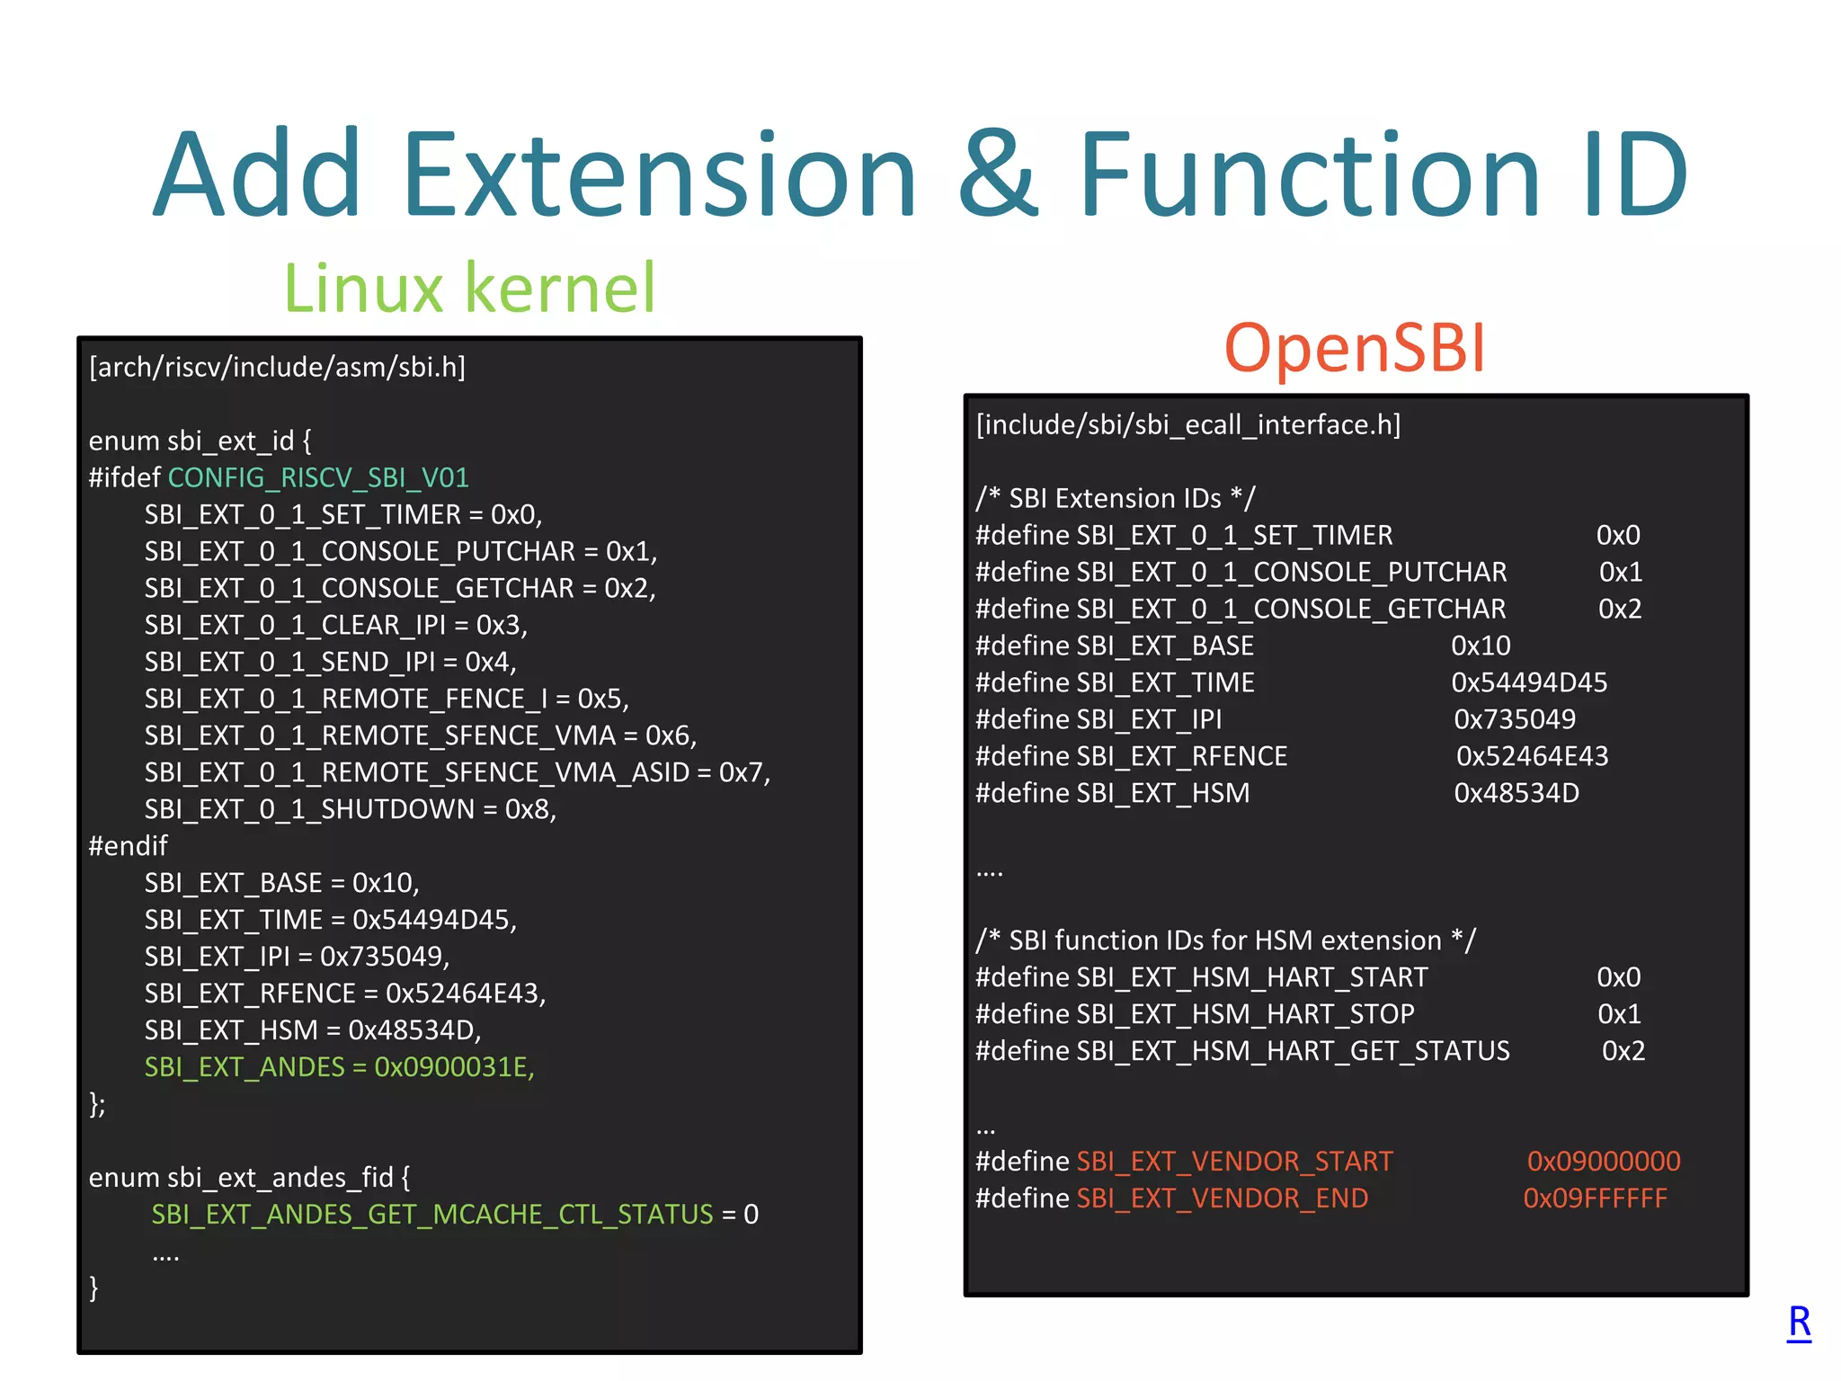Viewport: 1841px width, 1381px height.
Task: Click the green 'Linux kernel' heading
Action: tap(469, 288)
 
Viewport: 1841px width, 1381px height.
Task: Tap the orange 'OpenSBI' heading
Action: tap(1355, 348)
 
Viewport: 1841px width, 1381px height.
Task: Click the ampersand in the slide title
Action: tap(998, 174)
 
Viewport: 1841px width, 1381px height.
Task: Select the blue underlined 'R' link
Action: tap(1799, 1322)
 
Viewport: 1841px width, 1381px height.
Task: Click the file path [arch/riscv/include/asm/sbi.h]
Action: tap(277, 367)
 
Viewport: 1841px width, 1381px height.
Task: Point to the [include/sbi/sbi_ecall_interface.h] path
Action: tap(1188, 424)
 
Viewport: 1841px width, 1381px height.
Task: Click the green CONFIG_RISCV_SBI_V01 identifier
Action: tap(318, 477)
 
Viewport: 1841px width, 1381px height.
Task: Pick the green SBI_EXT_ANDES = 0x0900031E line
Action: tap(339, 1067)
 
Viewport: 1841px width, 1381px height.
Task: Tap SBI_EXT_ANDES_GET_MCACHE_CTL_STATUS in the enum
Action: tap(431, 1215)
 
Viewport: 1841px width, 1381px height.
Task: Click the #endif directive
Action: tap(128, 846)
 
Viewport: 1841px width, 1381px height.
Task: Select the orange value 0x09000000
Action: tap(1603, 1162)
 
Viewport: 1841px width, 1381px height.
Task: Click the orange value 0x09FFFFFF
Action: tap(1595, 1198)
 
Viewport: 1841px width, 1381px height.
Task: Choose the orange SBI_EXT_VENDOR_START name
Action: tap(1234, 1162)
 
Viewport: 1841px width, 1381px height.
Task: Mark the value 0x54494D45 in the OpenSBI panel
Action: tap(1528, 682)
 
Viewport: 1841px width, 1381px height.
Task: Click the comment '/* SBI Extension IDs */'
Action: tap(1116, 498)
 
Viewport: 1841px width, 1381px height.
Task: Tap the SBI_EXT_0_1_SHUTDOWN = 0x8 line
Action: tap(350, 809)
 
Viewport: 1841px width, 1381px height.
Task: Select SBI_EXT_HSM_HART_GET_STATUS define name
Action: tap(1293, 1051)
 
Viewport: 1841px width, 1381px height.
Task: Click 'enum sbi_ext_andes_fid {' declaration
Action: tap(249, 1178)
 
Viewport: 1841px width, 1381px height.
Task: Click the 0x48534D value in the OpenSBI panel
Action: tap(1516, 793)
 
